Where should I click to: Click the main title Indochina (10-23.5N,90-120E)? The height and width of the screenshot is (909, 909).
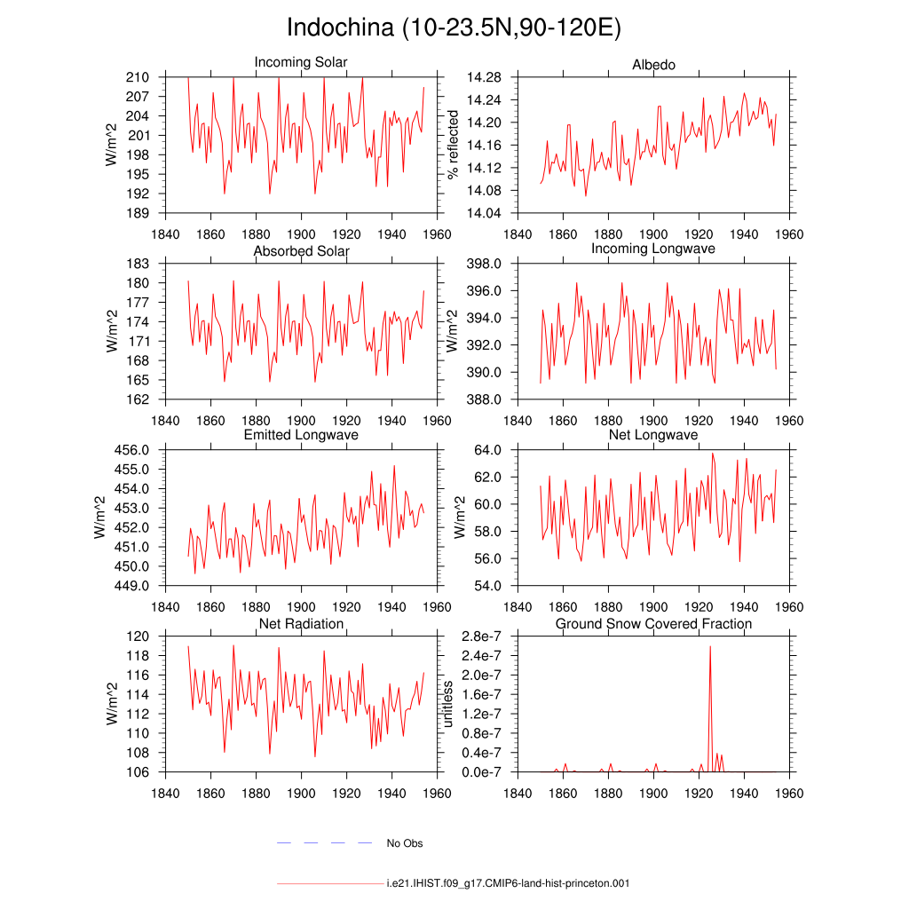[x=454, y=28]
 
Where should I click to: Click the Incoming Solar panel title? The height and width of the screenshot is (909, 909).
[x=301, y=62]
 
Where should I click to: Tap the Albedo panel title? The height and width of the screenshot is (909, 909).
[x=653, y=64]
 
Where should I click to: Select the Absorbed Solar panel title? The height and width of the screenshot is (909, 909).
[x=302, y=251]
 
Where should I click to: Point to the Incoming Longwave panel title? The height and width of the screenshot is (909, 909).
[x=653, y=249]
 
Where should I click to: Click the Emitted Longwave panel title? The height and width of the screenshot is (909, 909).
[x=301, y=435]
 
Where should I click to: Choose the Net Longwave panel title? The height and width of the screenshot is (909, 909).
[x=653, y=435]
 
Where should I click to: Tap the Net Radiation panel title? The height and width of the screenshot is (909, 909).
[x=302, y=624]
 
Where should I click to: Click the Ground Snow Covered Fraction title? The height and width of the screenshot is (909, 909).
[x=653, y=624]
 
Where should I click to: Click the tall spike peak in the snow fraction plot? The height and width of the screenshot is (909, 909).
[x=710, y=646]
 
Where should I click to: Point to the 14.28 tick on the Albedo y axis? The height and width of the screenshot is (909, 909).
[x=484, y=77]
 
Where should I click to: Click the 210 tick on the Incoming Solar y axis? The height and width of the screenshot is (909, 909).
[x=138, y=77]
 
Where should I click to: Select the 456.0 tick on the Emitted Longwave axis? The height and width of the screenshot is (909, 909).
[x=131, y=450]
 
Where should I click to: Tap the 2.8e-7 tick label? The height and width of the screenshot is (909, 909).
[x=481, y=636]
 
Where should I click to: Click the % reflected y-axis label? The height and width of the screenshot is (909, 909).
[x=453, y=145]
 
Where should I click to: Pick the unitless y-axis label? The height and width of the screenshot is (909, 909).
[x=447, y=704]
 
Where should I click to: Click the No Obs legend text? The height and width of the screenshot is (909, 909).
[x=405, y=843]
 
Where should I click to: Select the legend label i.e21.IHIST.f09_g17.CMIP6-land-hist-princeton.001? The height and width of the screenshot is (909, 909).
[x=508, y=883]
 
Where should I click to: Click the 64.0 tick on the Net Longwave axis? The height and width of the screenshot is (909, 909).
[x=487, y=450]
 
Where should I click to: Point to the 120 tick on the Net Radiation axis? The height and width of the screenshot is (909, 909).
[x=138, y=636]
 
